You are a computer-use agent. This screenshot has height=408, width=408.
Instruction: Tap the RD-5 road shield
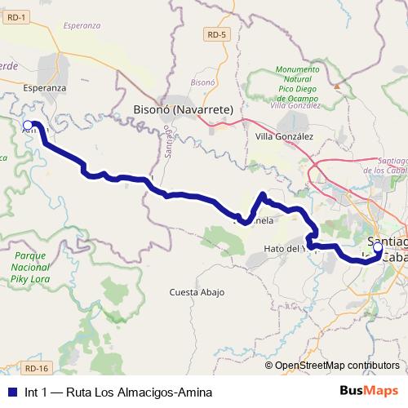(215, 34)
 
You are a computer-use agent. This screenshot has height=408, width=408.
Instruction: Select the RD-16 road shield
(37, 345)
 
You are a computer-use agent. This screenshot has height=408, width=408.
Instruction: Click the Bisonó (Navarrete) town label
(183, 109)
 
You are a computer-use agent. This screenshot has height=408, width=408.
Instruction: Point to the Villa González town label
(284, 136)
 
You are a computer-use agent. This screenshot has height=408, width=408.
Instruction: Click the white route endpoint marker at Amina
(29, 125)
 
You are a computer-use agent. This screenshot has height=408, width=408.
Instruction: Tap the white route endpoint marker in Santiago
(377, 246)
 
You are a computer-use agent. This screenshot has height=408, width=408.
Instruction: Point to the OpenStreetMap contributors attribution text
(336, 366)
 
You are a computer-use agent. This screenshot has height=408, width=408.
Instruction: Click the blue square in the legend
(10, 392)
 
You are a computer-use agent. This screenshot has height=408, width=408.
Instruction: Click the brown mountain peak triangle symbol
(335, 83)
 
